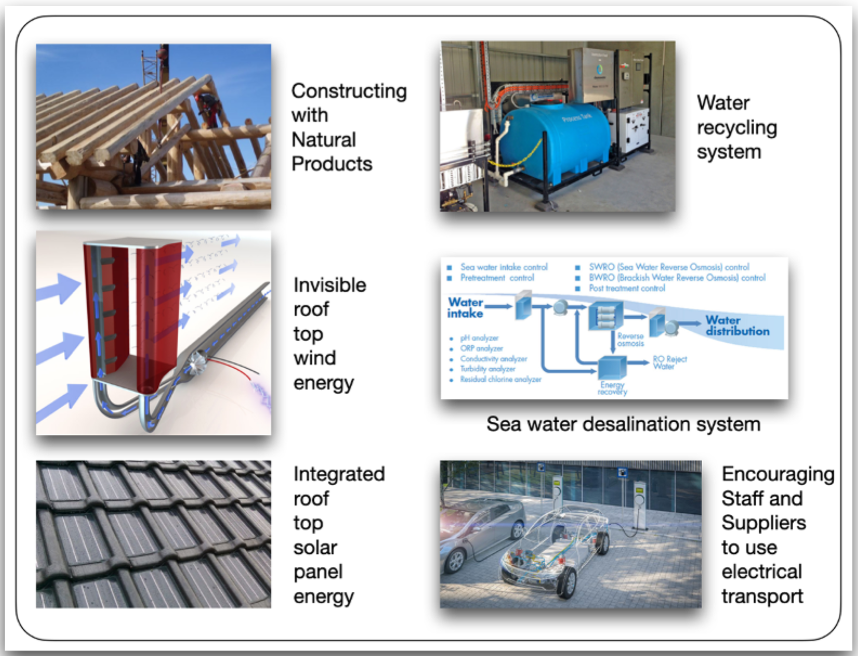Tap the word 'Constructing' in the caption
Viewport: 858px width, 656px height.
click(349, 91)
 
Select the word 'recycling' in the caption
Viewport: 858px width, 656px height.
click(737, 128)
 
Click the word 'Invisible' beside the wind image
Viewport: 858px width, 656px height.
click(330, 285)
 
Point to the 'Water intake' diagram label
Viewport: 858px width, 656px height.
click(465, 308)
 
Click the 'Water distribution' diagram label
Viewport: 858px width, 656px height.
click(737, 325)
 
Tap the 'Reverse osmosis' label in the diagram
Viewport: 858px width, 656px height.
click(630, 339)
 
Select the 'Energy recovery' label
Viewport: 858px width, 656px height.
click(612, 388)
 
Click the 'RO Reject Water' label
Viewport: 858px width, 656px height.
click(670, 362)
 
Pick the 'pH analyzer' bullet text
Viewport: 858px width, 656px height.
click(479, 338)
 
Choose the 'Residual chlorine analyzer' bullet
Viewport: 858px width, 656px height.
click(500, 380)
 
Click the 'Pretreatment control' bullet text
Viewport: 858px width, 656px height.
click(497, 278)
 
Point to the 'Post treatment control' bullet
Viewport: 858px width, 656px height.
click(627, 288)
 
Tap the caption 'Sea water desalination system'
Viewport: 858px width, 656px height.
click(623, 424)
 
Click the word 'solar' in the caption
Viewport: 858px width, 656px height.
click(315, 548)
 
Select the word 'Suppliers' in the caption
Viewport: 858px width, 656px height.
click(763, 523)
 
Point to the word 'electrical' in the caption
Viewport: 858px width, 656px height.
click(761, 572)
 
